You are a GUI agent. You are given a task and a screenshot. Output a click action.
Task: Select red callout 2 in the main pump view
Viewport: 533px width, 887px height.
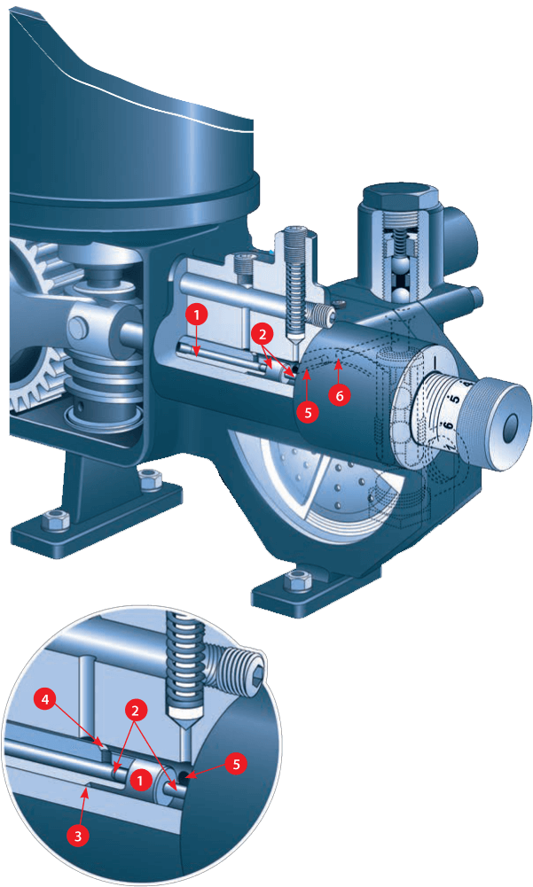tap(262, 334)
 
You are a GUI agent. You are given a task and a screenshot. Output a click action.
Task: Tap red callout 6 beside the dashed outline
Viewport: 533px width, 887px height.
tap(340, 395)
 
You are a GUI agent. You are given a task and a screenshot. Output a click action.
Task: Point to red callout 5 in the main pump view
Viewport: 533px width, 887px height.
tap(308, 412)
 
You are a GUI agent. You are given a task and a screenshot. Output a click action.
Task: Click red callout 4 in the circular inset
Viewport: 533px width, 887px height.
tap(45, 700)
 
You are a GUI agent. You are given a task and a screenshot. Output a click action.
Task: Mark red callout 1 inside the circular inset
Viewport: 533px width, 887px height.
tap(140, 782)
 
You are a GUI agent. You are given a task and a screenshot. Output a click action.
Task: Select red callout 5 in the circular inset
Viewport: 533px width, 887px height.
tap(236, 764)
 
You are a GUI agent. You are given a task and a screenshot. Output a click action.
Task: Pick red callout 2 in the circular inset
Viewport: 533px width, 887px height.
tap(135, 711)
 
